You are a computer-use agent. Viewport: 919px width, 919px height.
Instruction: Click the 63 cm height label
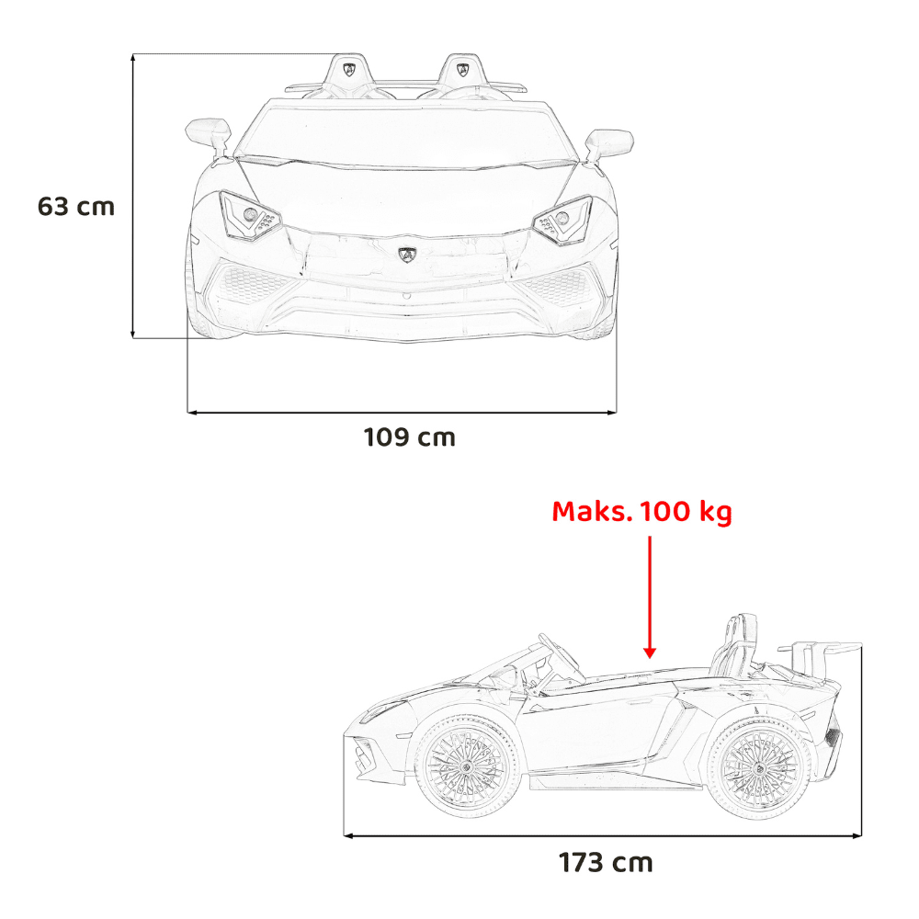pyautogui.click(x=76, y=206)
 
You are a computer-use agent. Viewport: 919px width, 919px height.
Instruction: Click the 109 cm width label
pyautogui.click(x=410, y=437)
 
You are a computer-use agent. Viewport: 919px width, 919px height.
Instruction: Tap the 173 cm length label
pyautogui.click(x=606, y=863)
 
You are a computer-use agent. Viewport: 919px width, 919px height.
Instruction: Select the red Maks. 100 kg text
pyautogui.click(x=641, y=512)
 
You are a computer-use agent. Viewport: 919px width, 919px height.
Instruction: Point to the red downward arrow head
pyautogui.click(x=650, y=652)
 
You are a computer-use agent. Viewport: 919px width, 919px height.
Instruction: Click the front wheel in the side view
pyautogui.click(x=467, y=767)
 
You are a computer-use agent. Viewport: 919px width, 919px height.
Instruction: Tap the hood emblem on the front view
pyautogui.click(x=407, y=255)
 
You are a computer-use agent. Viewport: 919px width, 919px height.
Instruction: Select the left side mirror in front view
pyautogui.click(x=209, y=135)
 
